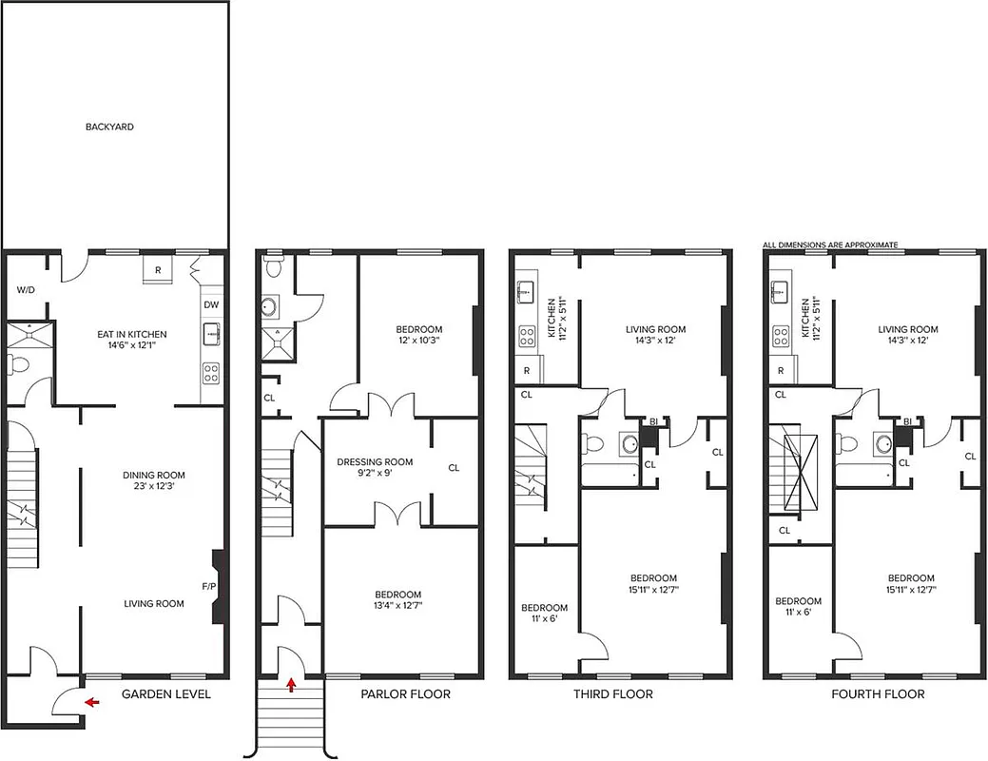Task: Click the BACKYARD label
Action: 109,127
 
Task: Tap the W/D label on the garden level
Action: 26,290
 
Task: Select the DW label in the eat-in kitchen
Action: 210,305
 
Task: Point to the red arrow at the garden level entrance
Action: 91,703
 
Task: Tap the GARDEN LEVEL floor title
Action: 165,694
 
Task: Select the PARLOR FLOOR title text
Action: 405,694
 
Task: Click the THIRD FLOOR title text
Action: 612,694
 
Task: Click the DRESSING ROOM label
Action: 375,462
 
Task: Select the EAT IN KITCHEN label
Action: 132,334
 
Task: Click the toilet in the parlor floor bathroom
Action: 274,265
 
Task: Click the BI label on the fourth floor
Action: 908,421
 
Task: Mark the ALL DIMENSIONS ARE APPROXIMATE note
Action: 830,244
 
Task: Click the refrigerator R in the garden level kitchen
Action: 157,270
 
